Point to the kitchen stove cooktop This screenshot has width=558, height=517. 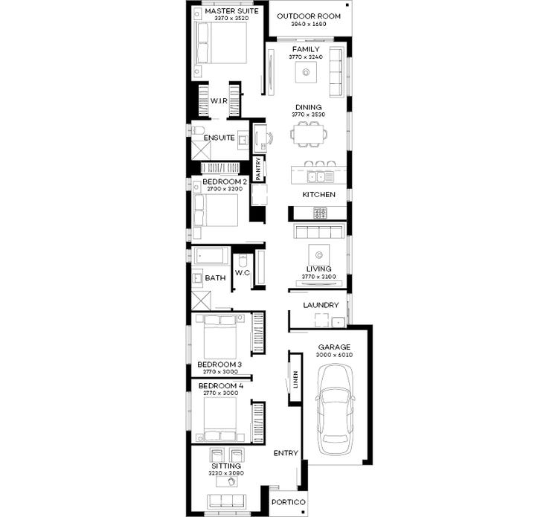point(321,213)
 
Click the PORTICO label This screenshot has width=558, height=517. point(287,503)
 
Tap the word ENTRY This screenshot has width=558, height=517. point(286,453)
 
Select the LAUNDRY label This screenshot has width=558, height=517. point(321,305)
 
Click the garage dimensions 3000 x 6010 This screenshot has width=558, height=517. point(334,356)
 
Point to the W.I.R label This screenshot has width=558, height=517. point(219,100)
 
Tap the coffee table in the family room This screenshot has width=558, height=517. point(307,72)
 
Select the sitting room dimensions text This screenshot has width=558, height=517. point(225,473)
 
